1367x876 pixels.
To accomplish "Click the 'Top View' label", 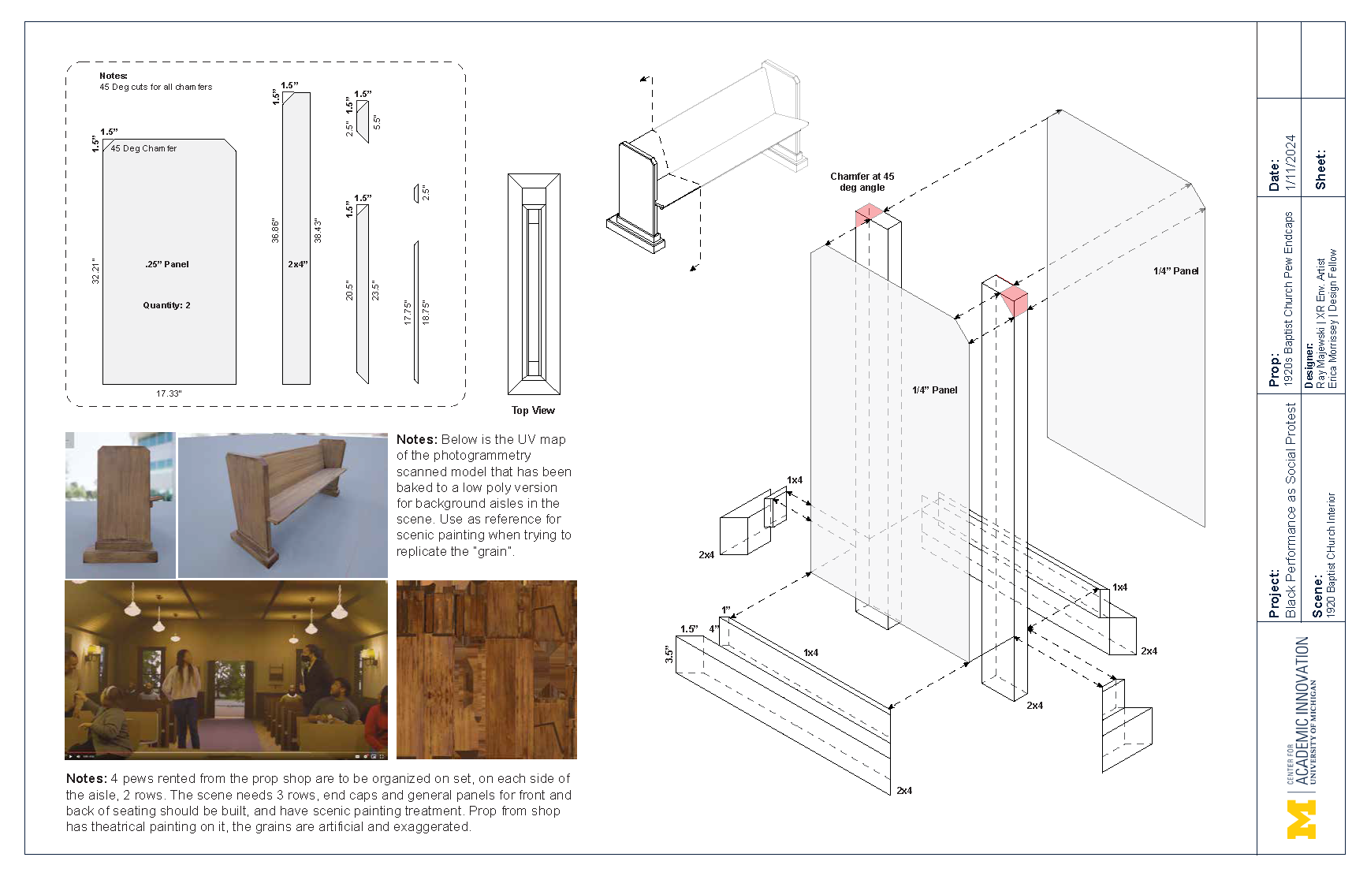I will [x=533, y=410].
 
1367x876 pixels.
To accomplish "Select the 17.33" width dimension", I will [x=169, y=393].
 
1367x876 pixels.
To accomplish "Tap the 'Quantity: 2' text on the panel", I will [x=166, y=305].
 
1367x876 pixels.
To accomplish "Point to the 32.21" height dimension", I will [x=95, y=270].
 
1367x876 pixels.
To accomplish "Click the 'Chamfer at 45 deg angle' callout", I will [x=862, y=182].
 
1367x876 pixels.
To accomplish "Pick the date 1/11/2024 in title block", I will [x=1291, y=162].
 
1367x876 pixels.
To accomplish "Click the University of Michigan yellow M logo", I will [x=1301, y=819].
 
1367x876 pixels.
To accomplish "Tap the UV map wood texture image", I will [x=486, y=669].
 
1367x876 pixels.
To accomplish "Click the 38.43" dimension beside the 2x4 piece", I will [x=318, y=230].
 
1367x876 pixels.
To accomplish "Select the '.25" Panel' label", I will [x=167, y=264].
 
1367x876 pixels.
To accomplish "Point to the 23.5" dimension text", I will [x=375, y=290].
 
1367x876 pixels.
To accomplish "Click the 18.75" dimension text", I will [x=426, y=312].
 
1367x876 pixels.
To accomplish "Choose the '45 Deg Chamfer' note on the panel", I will [x=143, y=148].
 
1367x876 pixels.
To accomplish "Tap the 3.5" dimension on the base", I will [x=669, y=654].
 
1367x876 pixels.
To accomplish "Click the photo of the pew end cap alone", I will [x=121, y=505].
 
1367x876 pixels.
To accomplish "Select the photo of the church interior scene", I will [x=226, y=669].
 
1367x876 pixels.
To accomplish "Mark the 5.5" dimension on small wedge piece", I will [x=377, y=122].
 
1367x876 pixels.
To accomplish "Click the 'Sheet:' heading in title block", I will [x=1320, y=170].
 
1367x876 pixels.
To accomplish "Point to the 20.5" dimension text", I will [x=349, y=290].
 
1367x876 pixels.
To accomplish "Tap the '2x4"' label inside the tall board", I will [x=297, y=264].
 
